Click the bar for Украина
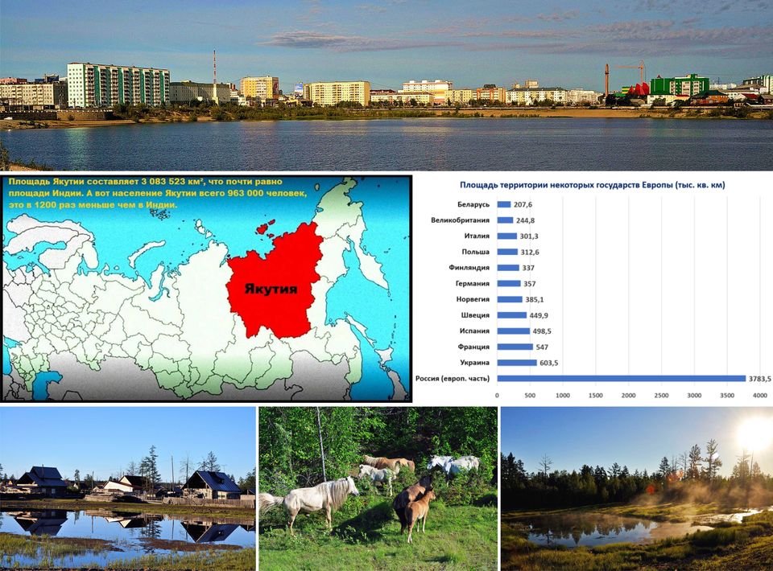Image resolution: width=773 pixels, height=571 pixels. (x=517, y=363)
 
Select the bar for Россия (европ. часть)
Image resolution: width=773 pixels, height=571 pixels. (x=621, y=379)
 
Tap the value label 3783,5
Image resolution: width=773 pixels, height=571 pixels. (x=759, y=379)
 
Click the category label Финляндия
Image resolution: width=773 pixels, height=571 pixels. (x=469, y=268)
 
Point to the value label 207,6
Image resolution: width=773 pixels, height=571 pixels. (x=523, y=204)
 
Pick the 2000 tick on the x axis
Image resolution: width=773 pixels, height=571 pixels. (x=628, y=395)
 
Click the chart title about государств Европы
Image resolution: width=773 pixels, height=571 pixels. (x=592, y=185)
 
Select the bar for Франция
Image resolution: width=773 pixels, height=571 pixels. (x=515, y=347)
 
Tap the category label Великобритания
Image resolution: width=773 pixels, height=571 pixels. (x=460, y=220)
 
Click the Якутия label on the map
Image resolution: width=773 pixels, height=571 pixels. (x=271, y=289)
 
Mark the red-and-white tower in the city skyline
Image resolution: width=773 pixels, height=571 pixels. (x=214, y=76)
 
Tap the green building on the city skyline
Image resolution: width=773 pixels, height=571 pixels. (x=680, y=85)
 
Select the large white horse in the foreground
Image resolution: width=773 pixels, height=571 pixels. (x=312, y=499)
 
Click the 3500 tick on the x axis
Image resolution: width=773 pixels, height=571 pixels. (x=727, y=395)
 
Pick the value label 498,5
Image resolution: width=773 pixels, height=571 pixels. (x=542, y=331)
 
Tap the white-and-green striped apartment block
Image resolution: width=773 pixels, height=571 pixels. (x=118, y=85)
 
